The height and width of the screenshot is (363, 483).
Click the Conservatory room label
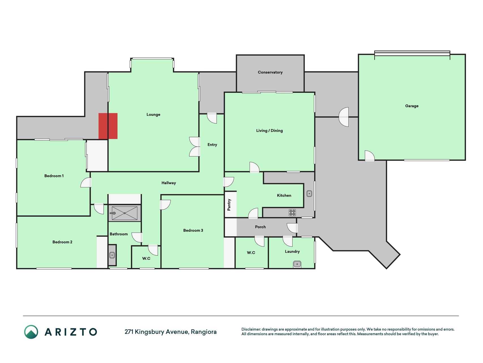pyautogui.click(x=270, y=72)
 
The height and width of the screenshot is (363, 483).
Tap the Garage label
pyautogui.click(x=412, y=106)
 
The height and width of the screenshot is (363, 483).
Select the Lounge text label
pyautogui.click(x=153, y=115)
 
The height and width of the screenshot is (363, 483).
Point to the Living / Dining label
pyautogui.click(x=269, y=130)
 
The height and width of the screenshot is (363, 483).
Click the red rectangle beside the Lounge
pyautogui.click(x=108, y=126)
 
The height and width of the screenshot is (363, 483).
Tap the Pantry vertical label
pyautogui.click(x=229, y=204)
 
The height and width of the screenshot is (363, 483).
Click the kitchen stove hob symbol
pyautogui.click(x=292, y=212)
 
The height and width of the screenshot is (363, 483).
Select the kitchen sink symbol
pyautogui.click(x=309, y=194)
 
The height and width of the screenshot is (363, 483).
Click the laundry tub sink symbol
pyautogui.click(x=297, y=264)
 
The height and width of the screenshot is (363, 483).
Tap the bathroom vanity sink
pyautogui.click(x=112, y=255)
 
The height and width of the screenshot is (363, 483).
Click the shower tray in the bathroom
pyautogui.click(x=124, y=213)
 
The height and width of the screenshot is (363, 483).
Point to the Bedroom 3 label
pyautogui.click(x=193, y=230)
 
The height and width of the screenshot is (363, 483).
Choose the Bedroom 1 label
pyautogui.click(x=54, y=176)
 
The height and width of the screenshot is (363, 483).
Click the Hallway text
pyautogui.click(x=169, y=183)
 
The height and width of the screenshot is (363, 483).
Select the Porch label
pyautogui.click(x=260, y=227)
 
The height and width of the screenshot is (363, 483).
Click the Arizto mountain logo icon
pyautogui.click(x=31, y=332)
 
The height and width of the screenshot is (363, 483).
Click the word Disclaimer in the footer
pyautogui.click(x=251, y=329)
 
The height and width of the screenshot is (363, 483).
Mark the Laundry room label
pyautogui.click(x=292, y=252)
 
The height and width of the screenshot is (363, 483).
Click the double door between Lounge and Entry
pyautogui.click(x=195, y=147)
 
